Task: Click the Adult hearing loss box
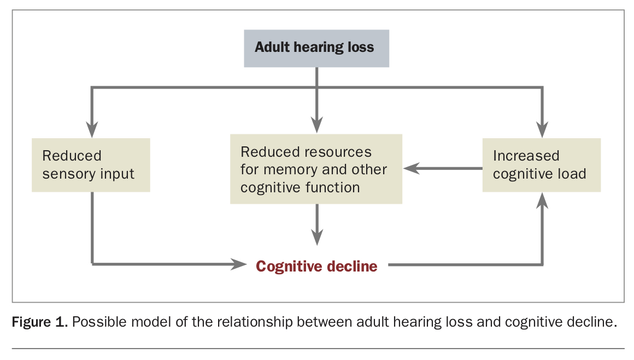(316, 48)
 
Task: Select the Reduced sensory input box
(91, 165)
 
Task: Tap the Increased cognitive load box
(542, 165)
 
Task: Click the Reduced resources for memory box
(316, 169)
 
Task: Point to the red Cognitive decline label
(316, 266)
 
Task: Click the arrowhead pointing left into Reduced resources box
(412, 168)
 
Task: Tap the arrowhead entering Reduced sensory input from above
(92, 129)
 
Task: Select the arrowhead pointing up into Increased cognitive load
(542, 200)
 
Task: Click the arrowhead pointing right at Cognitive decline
(238, 264)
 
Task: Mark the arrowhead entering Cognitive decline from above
(317, 237)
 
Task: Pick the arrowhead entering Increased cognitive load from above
(542, 129)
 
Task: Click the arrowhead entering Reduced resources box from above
(317, 125)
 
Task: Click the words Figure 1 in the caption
(39, 322)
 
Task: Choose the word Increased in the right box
(526, 156)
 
